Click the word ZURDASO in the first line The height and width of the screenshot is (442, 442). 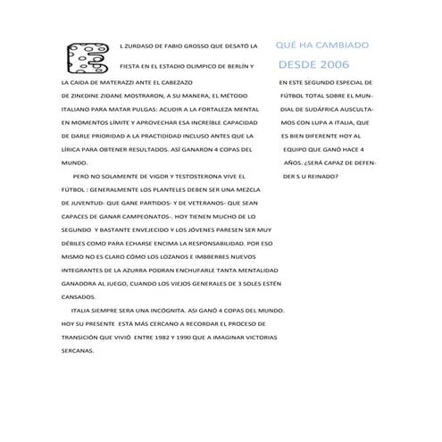pyautogui.click(x=140, y=44)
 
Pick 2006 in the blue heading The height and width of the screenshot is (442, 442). pyautogui.click(x=333, y=64)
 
